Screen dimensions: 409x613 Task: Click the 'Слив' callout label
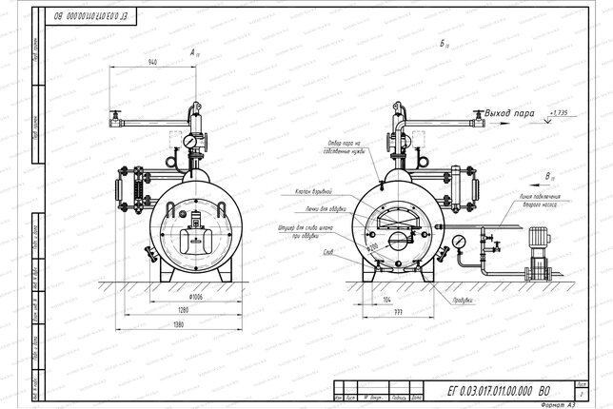tap(328, 252)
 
